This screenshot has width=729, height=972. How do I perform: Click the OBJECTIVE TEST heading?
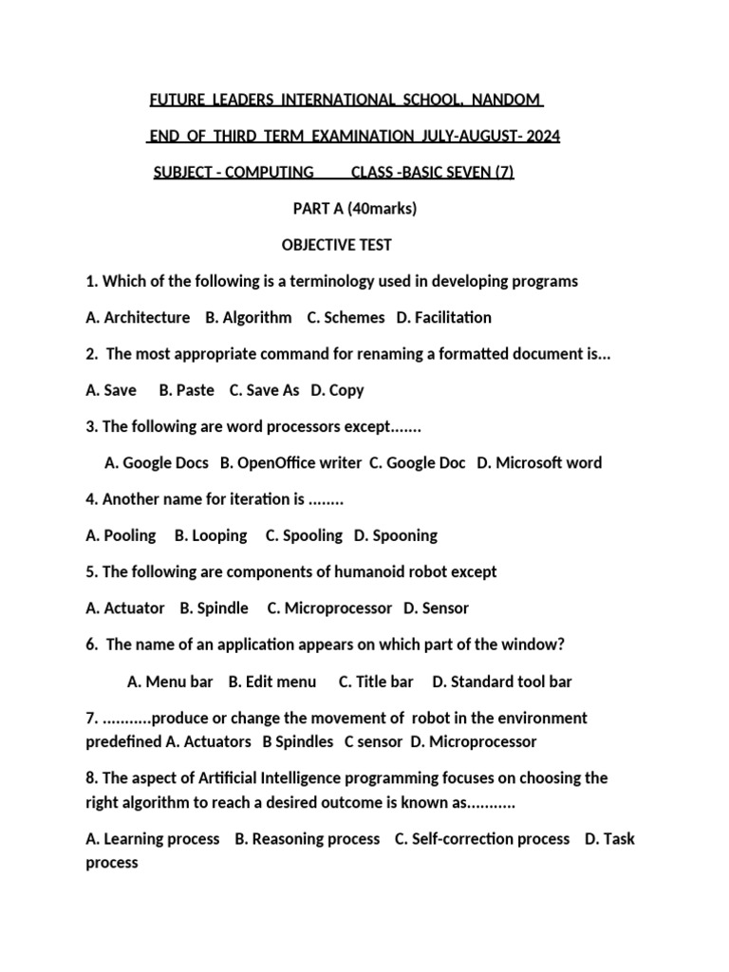337,245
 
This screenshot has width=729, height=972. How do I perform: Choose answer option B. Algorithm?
249,317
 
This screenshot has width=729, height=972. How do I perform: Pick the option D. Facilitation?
444,317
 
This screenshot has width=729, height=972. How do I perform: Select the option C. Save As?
265,390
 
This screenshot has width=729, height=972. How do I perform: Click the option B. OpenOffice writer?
290,462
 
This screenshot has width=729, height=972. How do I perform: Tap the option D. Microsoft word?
539,462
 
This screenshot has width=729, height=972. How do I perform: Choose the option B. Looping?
211,535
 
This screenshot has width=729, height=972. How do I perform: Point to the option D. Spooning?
396,535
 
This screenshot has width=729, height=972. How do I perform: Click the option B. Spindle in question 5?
215,607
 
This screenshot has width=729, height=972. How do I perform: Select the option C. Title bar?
376,681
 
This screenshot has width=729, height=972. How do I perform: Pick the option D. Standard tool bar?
502,681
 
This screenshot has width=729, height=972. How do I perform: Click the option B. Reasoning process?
307,839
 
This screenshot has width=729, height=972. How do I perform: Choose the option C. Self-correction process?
482,839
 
